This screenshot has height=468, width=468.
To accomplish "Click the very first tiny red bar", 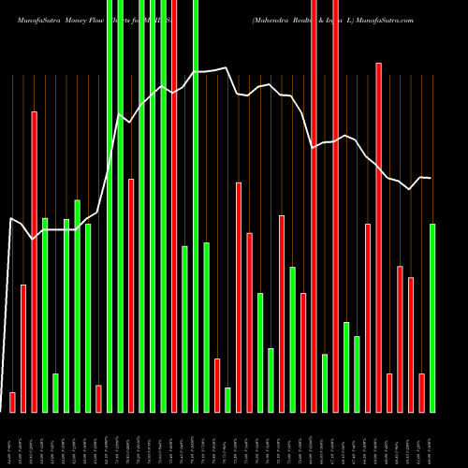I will click(x=12, y=402).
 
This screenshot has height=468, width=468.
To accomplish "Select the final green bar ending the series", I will click(x=432, y=317).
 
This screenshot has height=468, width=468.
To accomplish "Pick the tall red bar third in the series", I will click(x=34, y=261).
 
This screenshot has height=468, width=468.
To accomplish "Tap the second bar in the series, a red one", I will click(x=23, y=347).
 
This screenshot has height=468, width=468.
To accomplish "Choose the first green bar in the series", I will click(x=45, y=314).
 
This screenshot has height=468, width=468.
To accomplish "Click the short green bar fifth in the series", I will click(x=55, y=392).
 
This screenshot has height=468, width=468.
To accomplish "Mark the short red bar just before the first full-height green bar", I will click(x=98, y=398).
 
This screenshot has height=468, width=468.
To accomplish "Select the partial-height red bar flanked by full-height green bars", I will click(x=131, y=295).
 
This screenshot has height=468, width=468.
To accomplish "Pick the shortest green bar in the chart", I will click(x=227, y=400).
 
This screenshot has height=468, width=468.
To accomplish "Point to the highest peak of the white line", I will click(x=227, y=66).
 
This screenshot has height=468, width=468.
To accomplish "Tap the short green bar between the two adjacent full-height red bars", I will click(x=325, y=383).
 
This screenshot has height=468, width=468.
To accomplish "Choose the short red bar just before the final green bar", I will click(x=421, y=392).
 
